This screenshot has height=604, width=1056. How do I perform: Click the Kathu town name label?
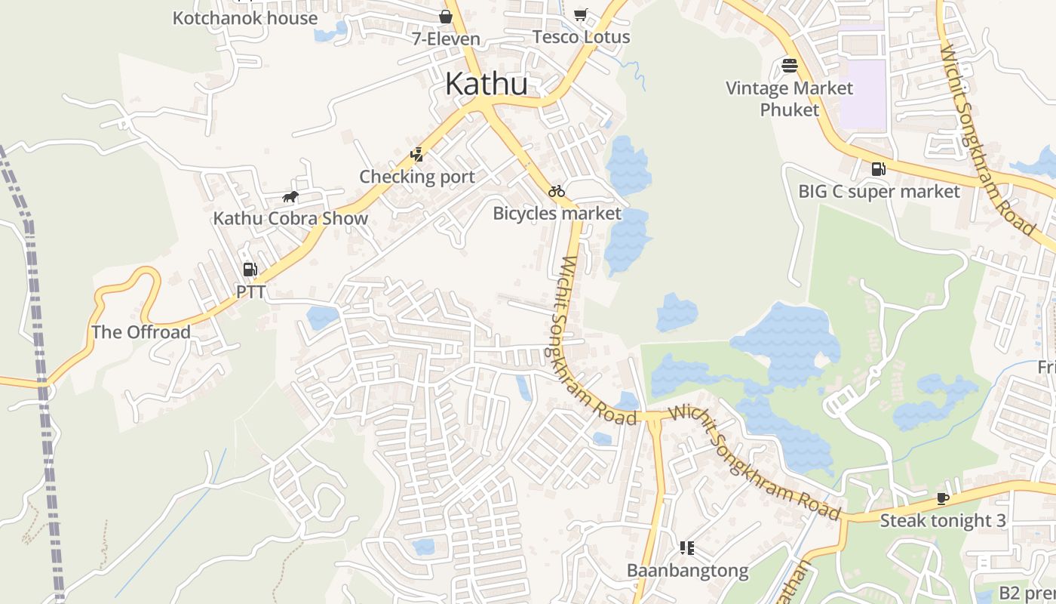[486, 84]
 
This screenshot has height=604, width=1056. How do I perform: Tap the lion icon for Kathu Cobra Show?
[290, 198]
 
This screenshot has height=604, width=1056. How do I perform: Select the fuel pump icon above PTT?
[250, 269]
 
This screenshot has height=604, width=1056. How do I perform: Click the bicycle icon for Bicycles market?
[557, 192]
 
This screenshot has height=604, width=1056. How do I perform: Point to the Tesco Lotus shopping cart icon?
[580, 15]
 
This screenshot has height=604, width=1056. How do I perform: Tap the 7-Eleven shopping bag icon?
[446, 17]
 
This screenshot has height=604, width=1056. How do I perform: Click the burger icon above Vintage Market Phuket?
[790, 66]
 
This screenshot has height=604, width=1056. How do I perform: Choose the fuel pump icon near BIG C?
[879, 169]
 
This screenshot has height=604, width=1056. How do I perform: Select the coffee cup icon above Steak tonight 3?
[942, 498]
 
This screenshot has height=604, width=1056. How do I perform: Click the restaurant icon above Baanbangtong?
[686, 547]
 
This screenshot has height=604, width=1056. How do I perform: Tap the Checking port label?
[417, 177]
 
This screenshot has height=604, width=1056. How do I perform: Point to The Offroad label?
[141, 332]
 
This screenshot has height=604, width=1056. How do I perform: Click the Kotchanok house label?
[245, 18]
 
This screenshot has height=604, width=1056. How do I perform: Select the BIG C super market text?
[879, 192]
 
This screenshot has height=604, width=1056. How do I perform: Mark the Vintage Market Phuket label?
[789, 99]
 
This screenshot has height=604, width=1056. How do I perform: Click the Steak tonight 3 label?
[943, 520]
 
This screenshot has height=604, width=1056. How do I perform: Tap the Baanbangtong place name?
[688, 570]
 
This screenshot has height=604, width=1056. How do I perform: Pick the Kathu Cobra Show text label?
[290, 219]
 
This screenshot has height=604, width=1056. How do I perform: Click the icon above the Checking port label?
[416, 155]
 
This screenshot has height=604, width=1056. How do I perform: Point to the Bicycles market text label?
[557, 214]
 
